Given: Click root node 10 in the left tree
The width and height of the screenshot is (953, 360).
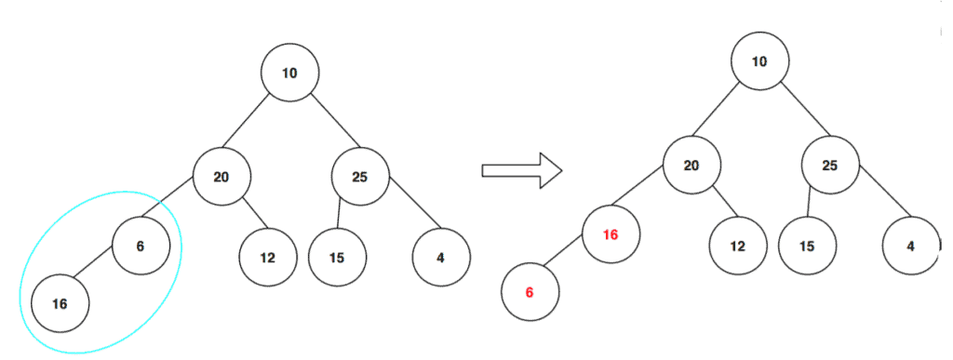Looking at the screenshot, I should [289, 72].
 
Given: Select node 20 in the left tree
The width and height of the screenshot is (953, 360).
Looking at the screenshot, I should [221, 175].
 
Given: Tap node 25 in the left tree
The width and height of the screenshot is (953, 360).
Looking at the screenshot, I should [360, 175].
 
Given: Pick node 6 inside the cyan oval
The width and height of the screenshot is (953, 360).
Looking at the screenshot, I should [141, 246].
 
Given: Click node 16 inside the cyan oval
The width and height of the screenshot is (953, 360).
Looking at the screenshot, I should [60, 303].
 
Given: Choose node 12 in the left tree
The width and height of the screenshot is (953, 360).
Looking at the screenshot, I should [267, 257].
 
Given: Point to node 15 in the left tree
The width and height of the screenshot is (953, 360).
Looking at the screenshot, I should [336, 257].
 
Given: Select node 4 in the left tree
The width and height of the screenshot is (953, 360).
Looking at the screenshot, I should [440, 257].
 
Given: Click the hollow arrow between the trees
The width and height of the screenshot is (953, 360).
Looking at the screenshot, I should [522, 170].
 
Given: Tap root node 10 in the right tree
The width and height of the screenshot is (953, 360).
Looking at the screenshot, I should [759, 61].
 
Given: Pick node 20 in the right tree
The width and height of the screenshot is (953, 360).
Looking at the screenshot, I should [691, 166].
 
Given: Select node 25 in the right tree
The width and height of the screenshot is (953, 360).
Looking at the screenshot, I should [830, 166].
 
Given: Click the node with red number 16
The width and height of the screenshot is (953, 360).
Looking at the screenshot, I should [611, 234].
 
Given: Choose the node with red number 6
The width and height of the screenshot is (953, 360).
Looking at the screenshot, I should [530, 292].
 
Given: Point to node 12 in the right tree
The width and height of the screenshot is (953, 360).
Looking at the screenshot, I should [737, 247].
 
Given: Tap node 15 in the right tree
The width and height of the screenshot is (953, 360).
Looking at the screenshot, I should [806, 247].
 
